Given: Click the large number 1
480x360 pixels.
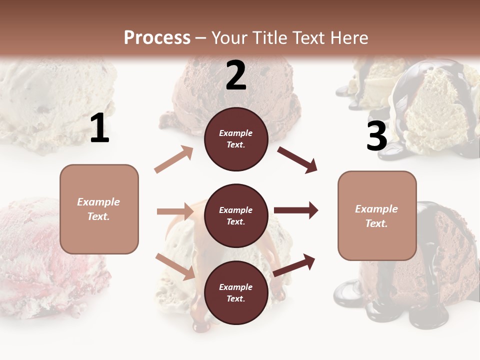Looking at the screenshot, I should [99, 128].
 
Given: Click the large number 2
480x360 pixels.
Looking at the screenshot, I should [236, 75].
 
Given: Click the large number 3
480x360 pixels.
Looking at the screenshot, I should [376, 136].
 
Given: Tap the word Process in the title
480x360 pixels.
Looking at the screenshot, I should [157, 37].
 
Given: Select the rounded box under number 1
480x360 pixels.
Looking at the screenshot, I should [99, 209].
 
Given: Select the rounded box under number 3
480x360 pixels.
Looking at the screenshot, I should [377, 216].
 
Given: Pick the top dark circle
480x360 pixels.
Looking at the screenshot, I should [236, 139].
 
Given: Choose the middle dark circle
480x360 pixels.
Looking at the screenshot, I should [236, 215].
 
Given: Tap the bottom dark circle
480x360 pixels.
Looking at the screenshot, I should [236, 292].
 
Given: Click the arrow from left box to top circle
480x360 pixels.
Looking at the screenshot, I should [174, 159].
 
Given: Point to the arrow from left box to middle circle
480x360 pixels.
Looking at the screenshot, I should [175, 211].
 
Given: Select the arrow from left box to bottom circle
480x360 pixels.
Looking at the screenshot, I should [175, 266].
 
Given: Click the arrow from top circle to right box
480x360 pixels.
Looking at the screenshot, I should [297, 159].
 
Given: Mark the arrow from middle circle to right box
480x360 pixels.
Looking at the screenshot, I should [296, 210].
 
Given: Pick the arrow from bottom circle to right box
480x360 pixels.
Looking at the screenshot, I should [294, 265].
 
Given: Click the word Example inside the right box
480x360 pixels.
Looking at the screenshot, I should [376, 209].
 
